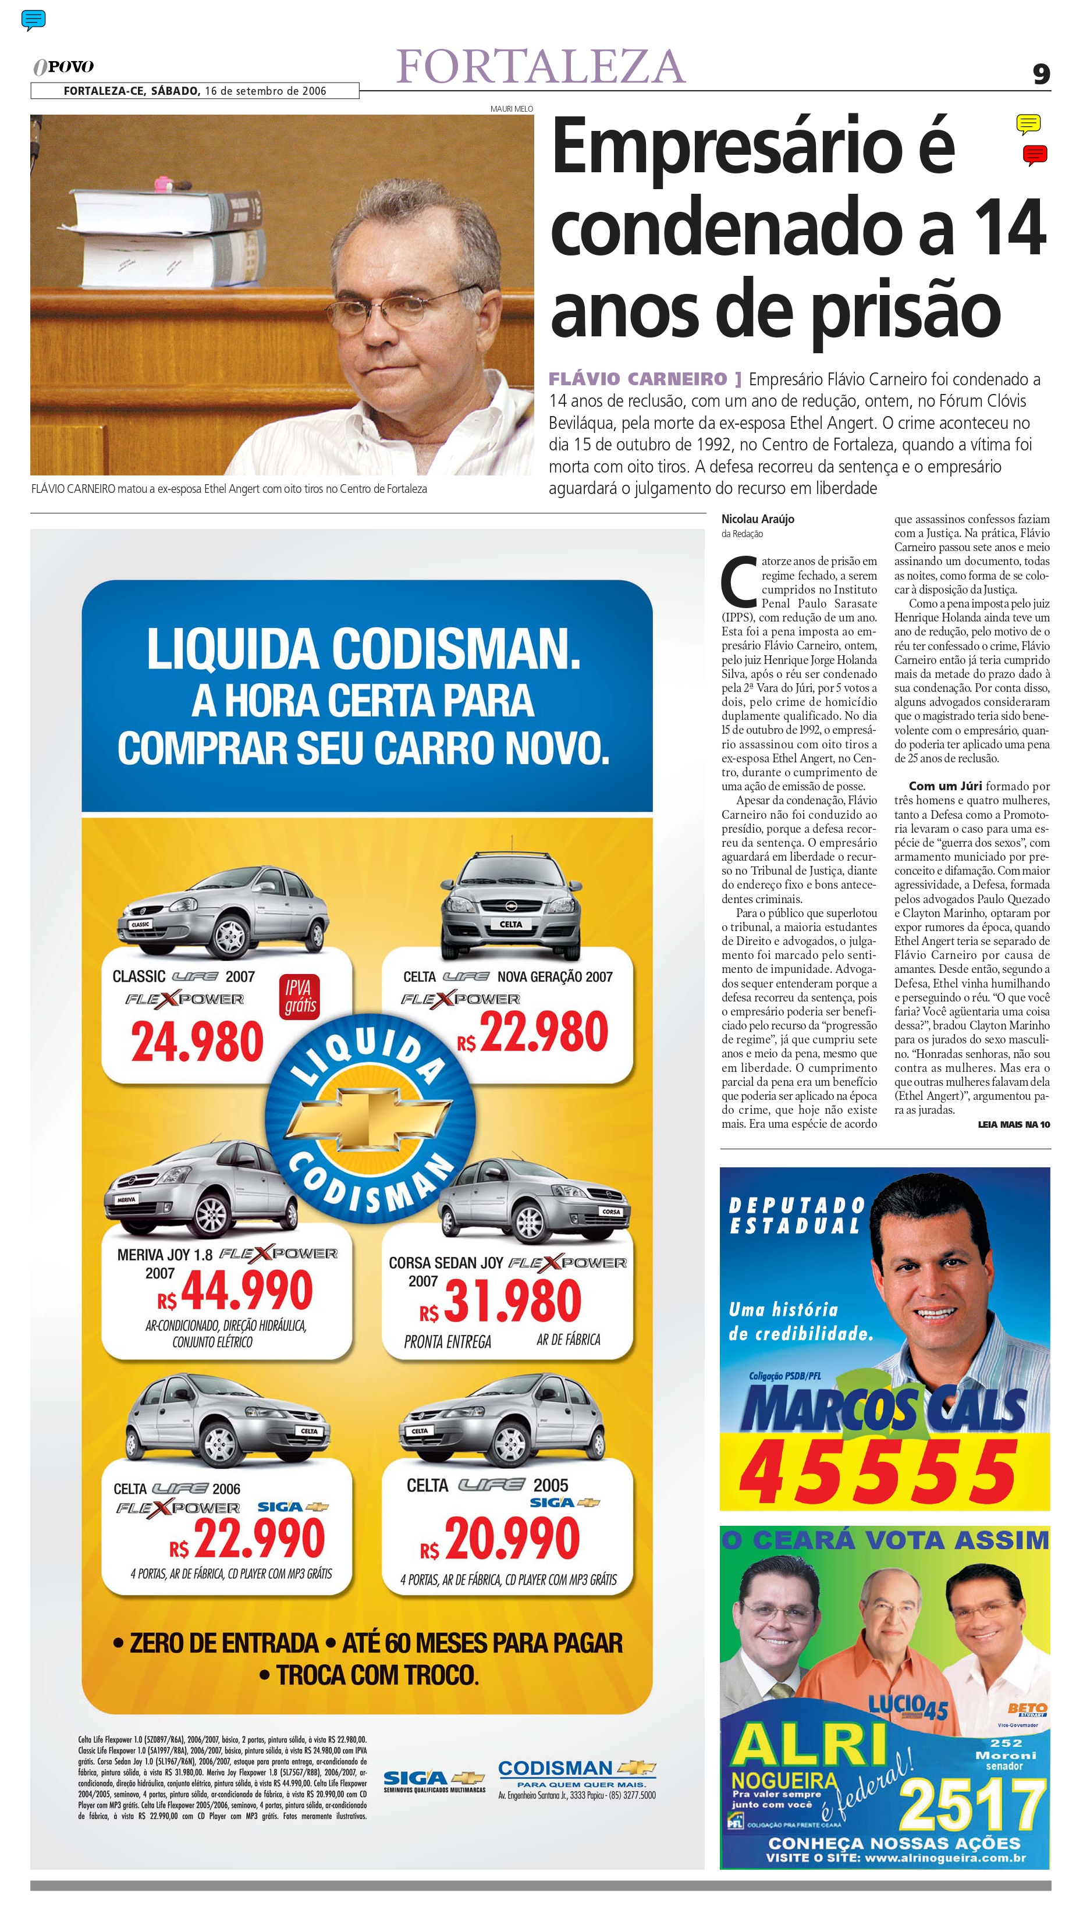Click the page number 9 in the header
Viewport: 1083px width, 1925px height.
tap(1041, 74)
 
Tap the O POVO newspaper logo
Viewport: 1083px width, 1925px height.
tap(63, 66)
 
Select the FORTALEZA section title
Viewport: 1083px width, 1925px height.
tap(541, 66)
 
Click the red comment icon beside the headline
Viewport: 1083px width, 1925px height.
tap(1035, 155)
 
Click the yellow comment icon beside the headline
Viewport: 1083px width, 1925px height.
tap(1028, 123)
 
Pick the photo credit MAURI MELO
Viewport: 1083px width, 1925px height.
tap(511, 109)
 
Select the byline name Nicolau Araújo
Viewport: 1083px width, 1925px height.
tap(757, 518)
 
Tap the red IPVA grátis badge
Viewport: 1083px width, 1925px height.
tap(300, 996)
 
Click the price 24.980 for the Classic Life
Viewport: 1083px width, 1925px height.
tap(197, 1042)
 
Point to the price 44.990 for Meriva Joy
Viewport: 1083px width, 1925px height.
tap(246, 1291)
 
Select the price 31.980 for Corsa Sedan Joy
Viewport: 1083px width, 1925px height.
tap(512, 1300)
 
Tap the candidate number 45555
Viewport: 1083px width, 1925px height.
tap(878, 1471)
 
